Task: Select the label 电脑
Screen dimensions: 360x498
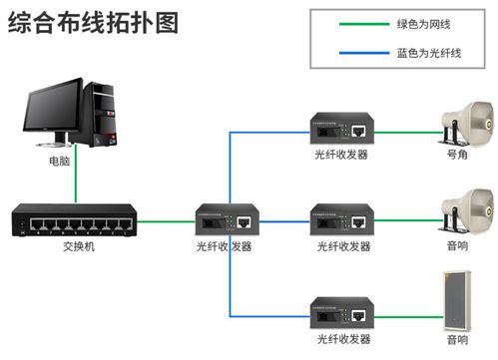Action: [x=59, y=160]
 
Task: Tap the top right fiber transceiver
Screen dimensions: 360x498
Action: [x=343, y=129]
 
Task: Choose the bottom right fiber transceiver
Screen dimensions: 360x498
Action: [x=343, y=312]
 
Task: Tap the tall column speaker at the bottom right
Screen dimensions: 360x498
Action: [x=457, y=299]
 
